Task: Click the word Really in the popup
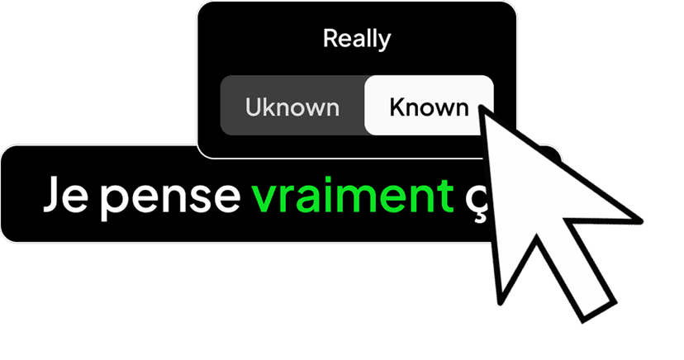[x=357, y=40]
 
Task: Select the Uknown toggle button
[x=292, y=106]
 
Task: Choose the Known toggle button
[x=429, y=106]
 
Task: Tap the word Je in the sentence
[x=66, y=194]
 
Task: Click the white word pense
[x=170, y=199]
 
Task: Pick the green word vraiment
[x=353, y=194]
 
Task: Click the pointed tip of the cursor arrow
[x=481, y=107]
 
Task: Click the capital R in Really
[x=331, y=38]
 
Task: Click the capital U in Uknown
[x=254, y=107]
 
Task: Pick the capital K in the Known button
[x=398, y=107]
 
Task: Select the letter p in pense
[x=115, y=202]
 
